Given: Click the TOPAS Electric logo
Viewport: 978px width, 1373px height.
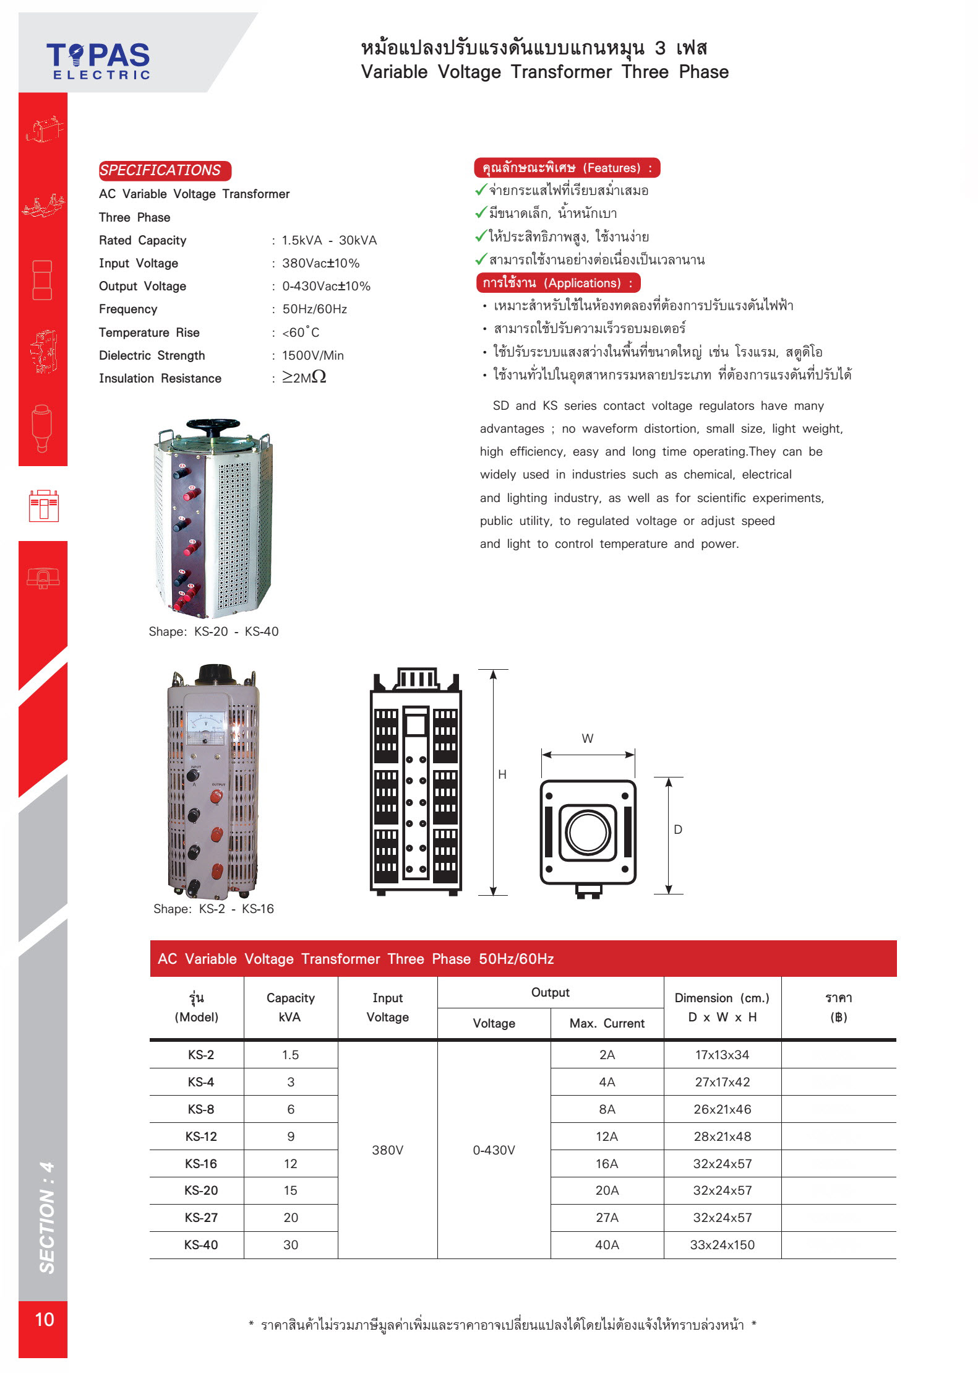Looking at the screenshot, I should pyautogui.click(x=98, y=61).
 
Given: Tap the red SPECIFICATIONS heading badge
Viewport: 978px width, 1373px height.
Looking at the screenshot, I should pyautogui.click(x=165, y=170).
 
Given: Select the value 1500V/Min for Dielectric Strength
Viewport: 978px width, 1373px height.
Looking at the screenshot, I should pyautogui.click(x=312, y=355).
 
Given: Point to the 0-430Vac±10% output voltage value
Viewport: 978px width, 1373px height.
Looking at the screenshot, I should pyautogui.click(x=326, y=286).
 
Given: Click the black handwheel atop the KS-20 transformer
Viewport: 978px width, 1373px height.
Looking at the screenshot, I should pyautogui.click(x=213, y=426).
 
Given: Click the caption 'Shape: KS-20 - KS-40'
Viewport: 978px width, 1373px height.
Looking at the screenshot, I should pyautogui.click(x=213, y=631).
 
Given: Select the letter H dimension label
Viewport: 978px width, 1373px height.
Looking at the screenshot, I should pyautogui.click(x=502, y=774).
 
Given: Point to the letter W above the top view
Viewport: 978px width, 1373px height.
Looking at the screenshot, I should pyautogui.click(x=587, y=738).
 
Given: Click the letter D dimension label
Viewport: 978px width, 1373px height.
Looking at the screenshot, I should pyautogui.click(x=678, y=829).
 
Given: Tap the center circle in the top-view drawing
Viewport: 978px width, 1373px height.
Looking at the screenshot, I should pyautogui.click(x=588, y=832).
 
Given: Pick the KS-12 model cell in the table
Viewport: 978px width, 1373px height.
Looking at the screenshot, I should pyautogui.click(x=201, y=1137).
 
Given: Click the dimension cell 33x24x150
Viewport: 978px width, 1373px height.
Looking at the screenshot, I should pyautogui.click(x=722, y=1245).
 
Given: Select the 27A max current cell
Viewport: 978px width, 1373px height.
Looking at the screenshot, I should pyautogui.click(x=607, y=1218).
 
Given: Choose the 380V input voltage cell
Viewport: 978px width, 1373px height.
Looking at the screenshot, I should pyautogui.click(x=387, y=1150).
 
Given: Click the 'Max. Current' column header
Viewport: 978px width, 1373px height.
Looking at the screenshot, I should pyautogui.click(x=607, y=1023).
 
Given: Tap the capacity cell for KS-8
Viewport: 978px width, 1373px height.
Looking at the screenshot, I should pyautogui.click(x=291, y=1109).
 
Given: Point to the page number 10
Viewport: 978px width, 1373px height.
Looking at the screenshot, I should pyautogui.click(x=45, y=1319).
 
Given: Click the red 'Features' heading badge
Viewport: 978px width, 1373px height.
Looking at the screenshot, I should pyautogui.click(x=567, y=168).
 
